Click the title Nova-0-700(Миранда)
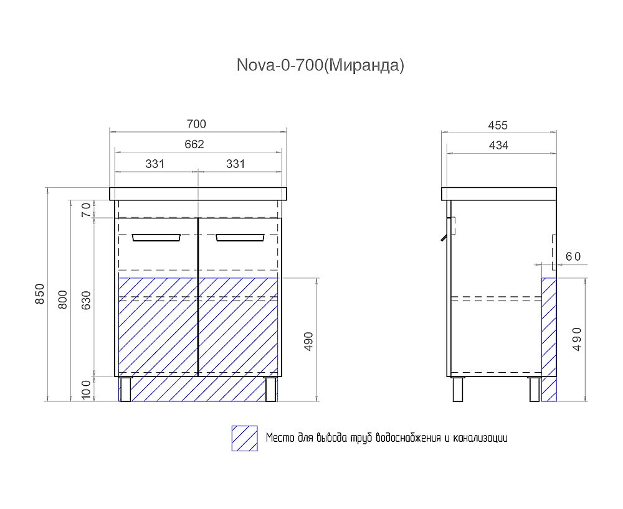pyautogui.click(x=320, y=65)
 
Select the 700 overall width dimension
pyautogui.click(x=196, y=124)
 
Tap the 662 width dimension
pyautogui.click(x=194, y=144)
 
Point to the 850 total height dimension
pyautogui.click(x=39, y=294)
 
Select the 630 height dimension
pyautogui.click(x=87, y=300)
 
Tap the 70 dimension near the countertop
pyautogui.click(x=87, y=210)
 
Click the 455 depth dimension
pyautogui.click(x=498, y=125)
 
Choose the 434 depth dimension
pyautogui.click(x=498, y=145)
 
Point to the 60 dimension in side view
pyautogui.click(x=573, y=256)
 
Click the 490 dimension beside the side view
pyautogui.click(x=576, y=339)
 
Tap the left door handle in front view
pyautogui.click(x=156, y=237)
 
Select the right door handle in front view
pyautogui.click(x=240, y=237)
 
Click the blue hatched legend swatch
pyautogui.click(x=244, y=438)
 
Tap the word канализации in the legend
pyautogui.click(x=480, y=438)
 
